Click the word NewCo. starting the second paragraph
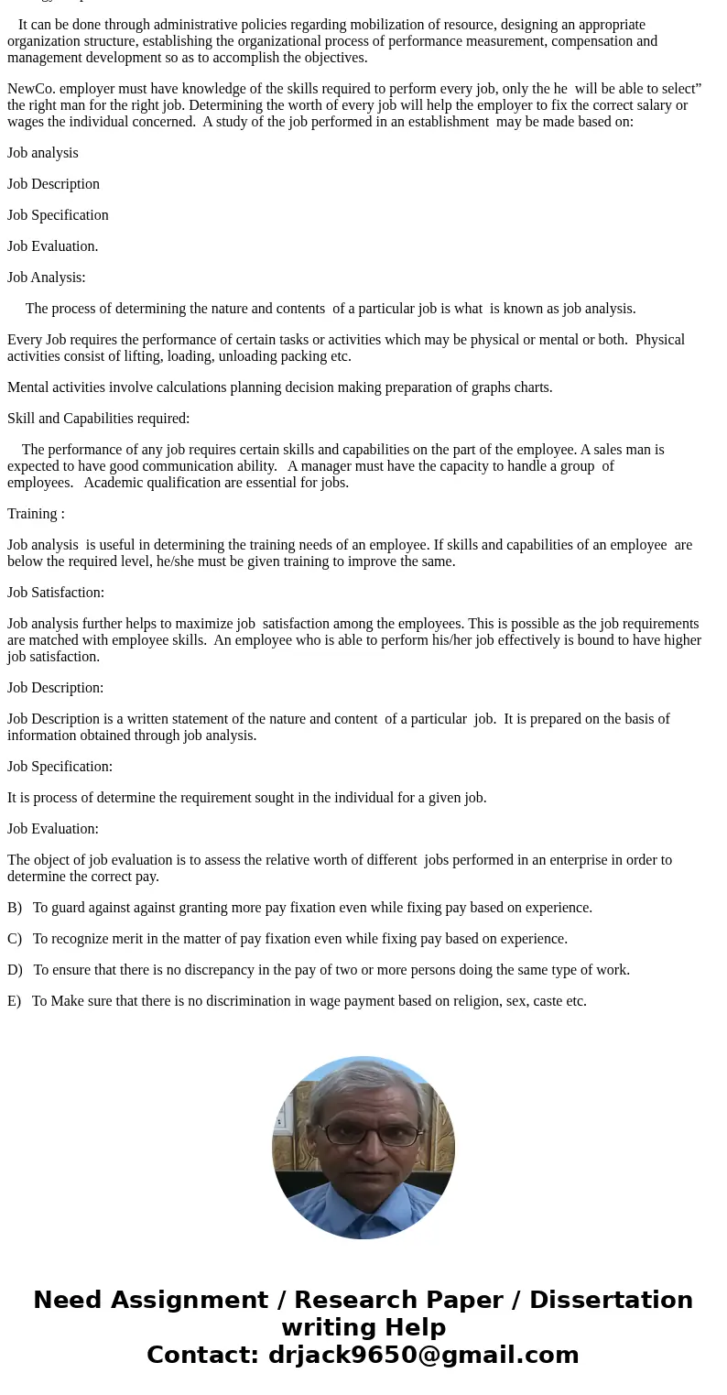click(31, 89)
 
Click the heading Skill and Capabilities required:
click(99, 419)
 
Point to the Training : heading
click(36, 514)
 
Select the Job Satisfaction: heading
click(56, 593)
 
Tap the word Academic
click(113, 483)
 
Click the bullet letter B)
click(15, 908)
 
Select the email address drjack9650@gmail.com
click(423, 1355)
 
